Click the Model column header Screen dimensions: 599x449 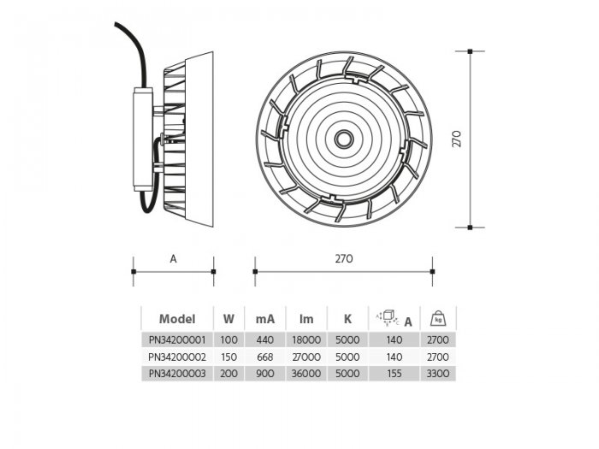177,319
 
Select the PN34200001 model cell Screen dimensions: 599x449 177,340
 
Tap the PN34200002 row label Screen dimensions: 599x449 177,357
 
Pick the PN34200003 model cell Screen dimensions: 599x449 177,374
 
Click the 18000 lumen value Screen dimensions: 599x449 306,340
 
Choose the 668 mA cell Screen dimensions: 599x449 265,357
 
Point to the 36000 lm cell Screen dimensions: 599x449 306,374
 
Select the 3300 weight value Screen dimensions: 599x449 438,374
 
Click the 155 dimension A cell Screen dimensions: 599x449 394,374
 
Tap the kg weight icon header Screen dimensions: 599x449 438,318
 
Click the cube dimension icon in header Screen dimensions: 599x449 388,318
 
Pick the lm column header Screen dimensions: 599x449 306,319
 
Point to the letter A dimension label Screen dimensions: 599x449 173,259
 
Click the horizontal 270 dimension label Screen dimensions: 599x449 344,259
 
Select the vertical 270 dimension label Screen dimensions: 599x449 456,139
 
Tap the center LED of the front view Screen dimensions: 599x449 344,139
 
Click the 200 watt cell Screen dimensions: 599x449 228,374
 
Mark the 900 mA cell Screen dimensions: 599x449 265,374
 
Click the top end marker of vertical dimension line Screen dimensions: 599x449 470,51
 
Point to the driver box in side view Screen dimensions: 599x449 143,139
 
